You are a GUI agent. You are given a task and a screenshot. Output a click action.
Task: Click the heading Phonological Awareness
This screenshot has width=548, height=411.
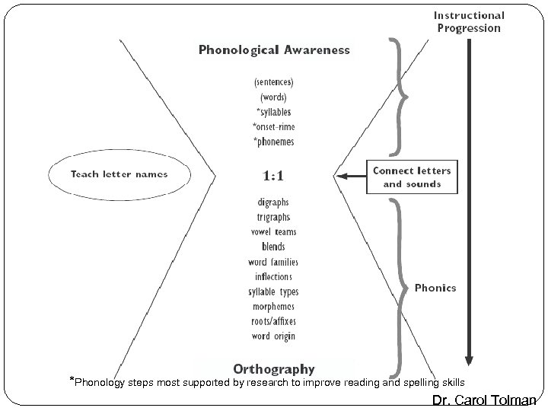[274, 50]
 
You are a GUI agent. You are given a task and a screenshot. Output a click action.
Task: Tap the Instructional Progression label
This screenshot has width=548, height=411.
[469, 21]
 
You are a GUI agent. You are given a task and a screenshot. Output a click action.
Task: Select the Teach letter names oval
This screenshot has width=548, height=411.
[119, 174]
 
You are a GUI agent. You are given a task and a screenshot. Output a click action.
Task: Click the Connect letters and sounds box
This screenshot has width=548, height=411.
[412, 177]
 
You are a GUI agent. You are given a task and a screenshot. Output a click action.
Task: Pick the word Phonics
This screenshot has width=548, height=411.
[435, 288]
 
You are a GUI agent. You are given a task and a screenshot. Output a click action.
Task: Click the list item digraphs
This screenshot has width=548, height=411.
[273, 202]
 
